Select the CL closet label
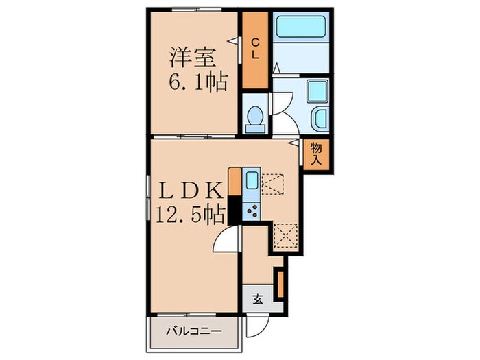[x=253, y=50]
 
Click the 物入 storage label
[x=317, y=153]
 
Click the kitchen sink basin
[x=252, y=181]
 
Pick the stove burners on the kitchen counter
[x=251, y=211]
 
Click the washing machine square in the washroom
[x=317, y=91]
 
